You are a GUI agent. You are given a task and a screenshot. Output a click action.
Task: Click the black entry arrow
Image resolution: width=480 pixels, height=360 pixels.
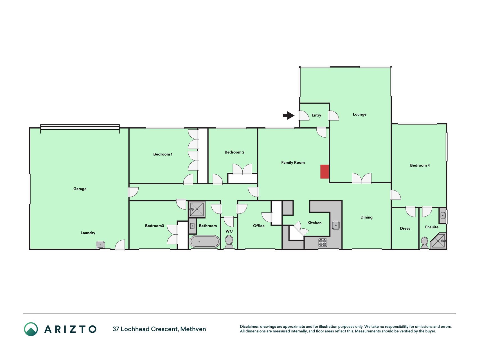tap(289, 115)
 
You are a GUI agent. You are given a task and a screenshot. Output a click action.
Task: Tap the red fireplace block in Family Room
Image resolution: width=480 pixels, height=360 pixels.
tap(324, 172)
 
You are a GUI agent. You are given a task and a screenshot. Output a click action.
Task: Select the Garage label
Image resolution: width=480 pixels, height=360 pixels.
tap(80, 189)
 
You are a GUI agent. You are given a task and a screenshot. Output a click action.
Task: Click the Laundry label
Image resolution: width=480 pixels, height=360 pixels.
tap(88, 233)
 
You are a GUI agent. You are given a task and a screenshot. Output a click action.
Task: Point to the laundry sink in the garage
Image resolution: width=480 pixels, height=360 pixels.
tap(100, 245)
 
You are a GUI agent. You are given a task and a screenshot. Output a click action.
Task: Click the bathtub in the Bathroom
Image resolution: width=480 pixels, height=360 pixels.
tap(204, 242)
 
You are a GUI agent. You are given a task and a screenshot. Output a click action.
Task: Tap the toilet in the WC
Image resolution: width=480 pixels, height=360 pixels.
tap(229, 242)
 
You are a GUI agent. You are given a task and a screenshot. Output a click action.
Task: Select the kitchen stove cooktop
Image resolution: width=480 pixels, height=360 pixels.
tap(323, 242)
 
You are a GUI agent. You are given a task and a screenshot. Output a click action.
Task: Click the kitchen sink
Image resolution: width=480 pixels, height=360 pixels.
tap(336, 225)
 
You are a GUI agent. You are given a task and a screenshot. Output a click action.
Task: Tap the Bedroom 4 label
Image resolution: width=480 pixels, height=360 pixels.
tap(420, 165)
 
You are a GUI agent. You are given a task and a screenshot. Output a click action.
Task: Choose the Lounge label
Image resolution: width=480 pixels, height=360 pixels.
tap(360, 114)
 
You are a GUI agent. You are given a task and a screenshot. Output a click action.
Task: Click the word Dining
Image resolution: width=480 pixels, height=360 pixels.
tap(366, 217)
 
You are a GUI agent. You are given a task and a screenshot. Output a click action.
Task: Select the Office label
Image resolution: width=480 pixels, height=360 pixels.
tap(259, 226)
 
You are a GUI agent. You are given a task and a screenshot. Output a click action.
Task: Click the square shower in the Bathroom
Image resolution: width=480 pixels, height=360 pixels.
tap(197, 209)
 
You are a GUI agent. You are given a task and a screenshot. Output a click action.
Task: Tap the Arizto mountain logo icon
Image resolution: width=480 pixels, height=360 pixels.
tap(31, 329)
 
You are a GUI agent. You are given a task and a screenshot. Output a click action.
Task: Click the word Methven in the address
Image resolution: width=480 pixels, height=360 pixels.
tap(193, 329)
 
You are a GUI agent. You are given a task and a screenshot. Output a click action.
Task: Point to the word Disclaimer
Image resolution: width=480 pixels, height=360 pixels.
tap(249, 327)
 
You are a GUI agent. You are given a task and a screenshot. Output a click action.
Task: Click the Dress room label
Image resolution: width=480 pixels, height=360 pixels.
tap(405, 228)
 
